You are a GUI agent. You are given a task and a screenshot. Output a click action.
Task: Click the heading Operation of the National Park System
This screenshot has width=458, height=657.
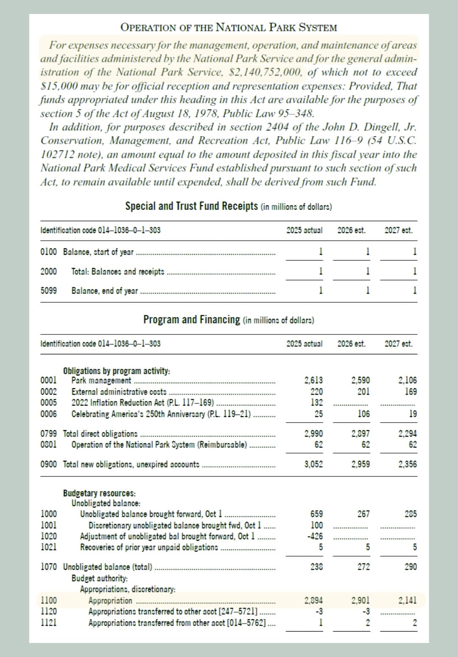tap(229, 28)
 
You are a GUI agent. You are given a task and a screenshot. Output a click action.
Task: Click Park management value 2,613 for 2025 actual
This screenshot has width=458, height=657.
tap(313, 380)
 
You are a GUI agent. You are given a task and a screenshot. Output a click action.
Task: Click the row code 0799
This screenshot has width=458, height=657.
tap(48, 434)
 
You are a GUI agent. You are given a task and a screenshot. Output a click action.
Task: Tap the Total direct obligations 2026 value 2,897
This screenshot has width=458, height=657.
tap(360, 434)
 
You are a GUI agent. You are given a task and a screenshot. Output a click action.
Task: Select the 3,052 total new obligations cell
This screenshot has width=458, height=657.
tap(313, 464)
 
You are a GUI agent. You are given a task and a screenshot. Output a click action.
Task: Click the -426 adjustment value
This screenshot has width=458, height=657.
tap(315, 536)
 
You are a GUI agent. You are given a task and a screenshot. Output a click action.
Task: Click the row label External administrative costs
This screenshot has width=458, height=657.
tap(119, 392)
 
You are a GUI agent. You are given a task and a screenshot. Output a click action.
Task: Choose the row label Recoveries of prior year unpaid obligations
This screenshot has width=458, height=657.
tap(149, 547)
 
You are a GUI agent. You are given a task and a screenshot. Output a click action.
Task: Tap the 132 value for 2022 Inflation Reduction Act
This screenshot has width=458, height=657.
tap(317, 402)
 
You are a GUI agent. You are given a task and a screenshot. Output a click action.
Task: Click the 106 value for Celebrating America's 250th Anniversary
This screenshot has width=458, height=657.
tap(363, 414)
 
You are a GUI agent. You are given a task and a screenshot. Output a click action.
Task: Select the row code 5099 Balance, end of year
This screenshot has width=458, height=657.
tap(48, 291)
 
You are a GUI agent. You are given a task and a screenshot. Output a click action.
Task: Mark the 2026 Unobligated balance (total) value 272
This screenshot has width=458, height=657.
tap(363, 567)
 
